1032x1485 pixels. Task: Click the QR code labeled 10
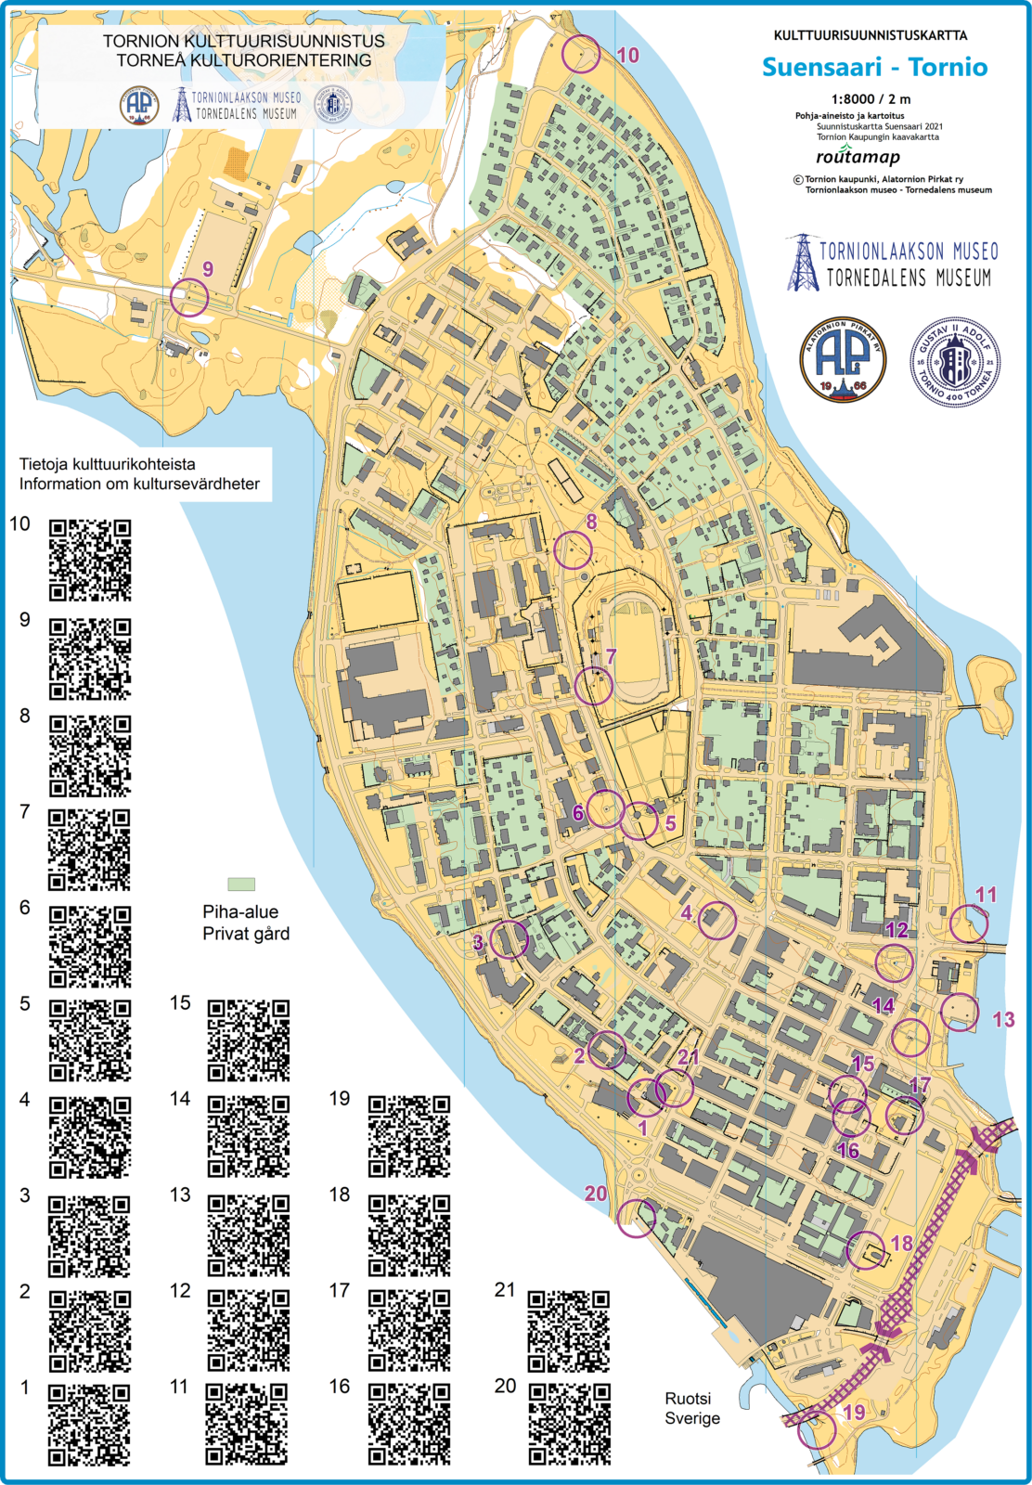click(90, 560)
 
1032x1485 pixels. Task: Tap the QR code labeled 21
click(569, 1331)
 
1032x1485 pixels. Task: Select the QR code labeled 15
click(249, 1040)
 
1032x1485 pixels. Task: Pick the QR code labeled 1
click(89, 1426)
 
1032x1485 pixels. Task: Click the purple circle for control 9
click(189, 298)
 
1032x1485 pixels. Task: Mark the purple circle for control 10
click(581, 54)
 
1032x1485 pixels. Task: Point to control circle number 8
click(573, 550)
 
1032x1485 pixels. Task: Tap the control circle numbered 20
click(636, 1219)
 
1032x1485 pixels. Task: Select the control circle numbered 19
click(817, 1430)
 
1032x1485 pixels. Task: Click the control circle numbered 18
click(866, 1250)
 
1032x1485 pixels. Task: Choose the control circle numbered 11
click(969, 923)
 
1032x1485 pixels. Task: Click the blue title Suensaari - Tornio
click(874, 67)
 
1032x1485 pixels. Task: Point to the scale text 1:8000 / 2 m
click(871, 98)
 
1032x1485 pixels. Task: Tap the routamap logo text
click(858, 157)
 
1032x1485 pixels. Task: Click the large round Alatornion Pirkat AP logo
click(843, 360)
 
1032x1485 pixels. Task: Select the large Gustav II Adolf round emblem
click(954, 362)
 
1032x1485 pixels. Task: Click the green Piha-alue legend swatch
click(241, 885)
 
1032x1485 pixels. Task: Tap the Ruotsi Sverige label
click(691, 1408)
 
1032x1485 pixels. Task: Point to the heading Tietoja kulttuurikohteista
click(108, 464)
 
